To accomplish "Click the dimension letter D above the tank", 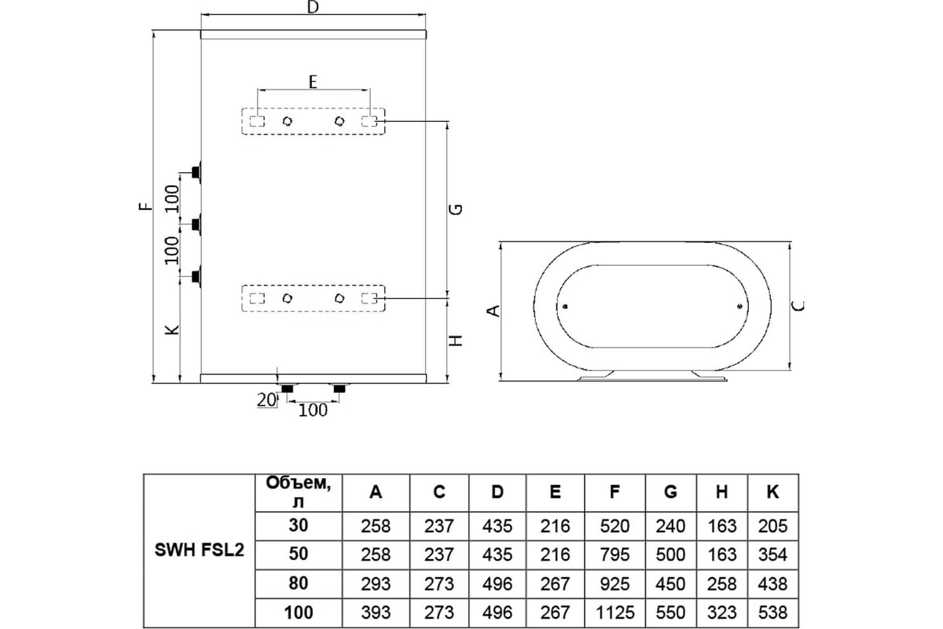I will click(x=313, y=9).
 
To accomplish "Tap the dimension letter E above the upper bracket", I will click(x=313, y=81).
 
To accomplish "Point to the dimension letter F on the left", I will click(x=144, y=208).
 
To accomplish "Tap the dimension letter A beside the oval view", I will click(x=494, y=311).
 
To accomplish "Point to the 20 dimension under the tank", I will click(x=266, y=400).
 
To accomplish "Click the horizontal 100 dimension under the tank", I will click(x=314, y=410).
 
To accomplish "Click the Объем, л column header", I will click(x=292, y=492).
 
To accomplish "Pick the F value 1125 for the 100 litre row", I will click(x=615, y=613).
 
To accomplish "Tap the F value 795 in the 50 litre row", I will click(x=615, y=555).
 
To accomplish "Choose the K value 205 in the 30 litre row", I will click(x=772, y=526).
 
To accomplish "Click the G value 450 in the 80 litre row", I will click(x=670, y=584).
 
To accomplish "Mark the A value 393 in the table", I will click(x=376, y=613).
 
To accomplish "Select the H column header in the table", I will click(x=721, y=492).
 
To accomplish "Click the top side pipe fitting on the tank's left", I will click(x=196, y=170).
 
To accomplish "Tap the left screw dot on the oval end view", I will click(x=564, y=307).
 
